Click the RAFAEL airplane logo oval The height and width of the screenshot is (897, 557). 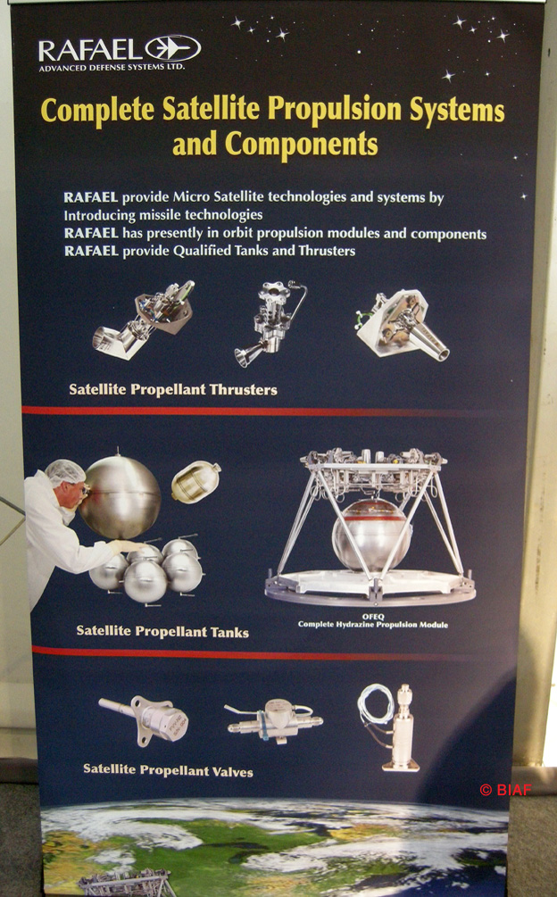(172, 48)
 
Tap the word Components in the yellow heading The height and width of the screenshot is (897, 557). (301, 144)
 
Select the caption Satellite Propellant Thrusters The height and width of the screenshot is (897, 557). (172, 389)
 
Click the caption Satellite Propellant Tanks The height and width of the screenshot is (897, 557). (162, 632)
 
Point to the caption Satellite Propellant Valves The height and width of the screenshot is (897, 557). (168, 770)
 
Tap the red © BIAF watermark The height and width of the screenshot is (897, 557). (505, 790)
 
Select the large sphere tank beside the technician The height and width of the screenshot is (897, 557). (121, 496)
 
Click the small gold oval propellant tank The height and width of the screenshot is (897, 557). (195, 482)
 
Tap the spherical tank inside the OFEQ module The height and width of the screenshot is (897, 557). (371, 535)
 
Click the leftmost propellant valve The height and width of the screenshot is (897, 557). (144, 718)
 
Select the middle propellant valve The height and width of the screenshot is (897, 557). (273, 722)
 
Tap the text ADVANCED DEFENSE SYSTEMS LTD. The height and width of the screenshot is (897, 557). (112, 68)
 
